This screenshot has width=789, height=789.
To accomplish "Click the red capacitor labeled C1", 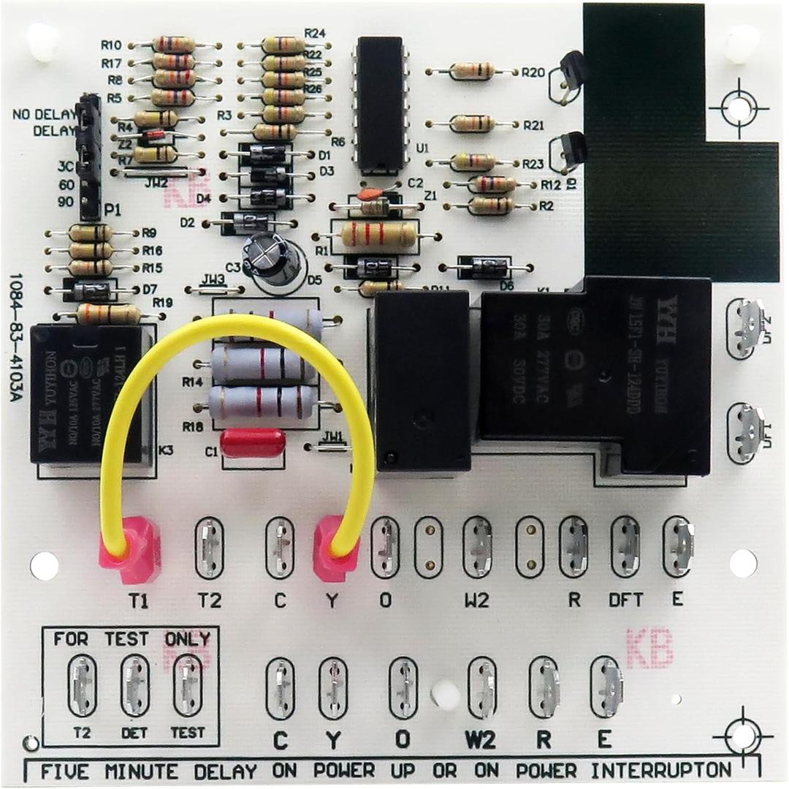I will pyautogui.click(x=253, y=443).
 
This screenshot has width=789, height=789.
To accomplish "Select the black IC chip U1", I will pyautogui.click(x=380, y=102).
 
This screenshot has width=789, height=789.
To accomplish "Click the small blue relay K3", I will pyautogui.click(x=86, y=394).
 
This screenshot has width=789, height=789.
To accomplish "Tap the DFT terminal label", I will pyautogui.click(x=626, y=600).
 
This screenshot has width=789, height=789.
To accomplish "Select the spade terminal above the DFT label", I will pyautogui.click(x=625, y=546).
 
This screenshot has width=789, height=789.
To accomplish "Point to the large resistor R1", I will pyautogui.click(x=378, y=235).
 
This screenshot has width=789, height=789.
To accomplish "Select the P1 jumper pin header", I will pyautogui.click(x=90, y=156).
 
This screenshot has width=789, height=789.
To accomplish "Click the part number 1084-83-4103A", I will pyautogui.click(x=16, y=337).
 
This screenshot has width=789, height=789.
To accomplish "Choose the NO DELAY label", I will pyautogui.click(x=44, y=115).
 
